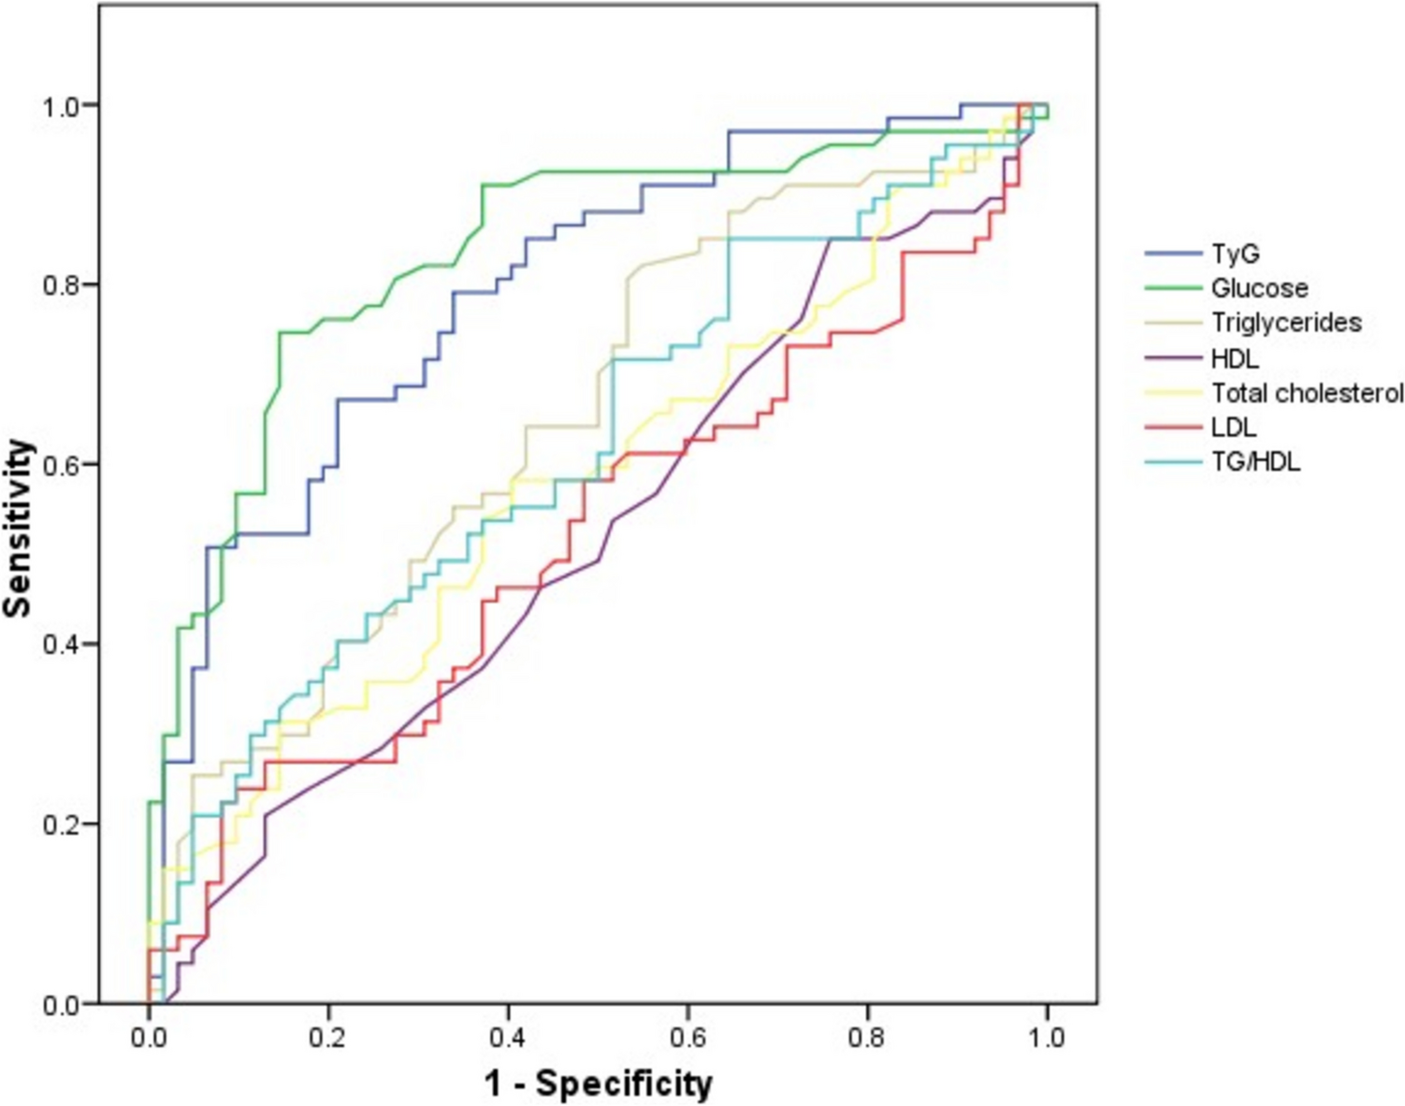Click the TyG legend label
pyautogui.click(x=1235, y=254)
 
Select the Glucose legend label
pyautogui.click(x=1259, y=288)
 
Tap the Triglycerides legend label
pyautogui.click(x=1286, y=323)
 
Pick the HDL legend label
pyautogui.click(x=1235, y=357)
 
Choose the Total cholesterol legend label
pyautogui.click(x=1308, y=392)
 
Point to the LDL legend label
pyautogui.click(x=1234, y=427)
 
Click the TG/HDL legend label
pyautogui.click(x=1255, y=461)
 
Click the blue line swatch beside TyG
pyautogui.click(x=1173, y=254)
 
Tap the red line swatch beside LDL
pyautogui.click(x=1173, y=427)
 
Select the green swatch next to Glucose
pyautogui.click(x=1173, y=288)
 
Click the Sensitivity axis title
pyautogui.click(x=19, y=528)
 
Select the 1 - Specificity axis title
pyautogui.click(x=599, y=1084)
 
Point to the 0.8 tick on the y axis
pyautogui.click(x=63, y=284)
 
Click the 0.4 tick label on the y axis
pyautogui.click(x=63, y=644)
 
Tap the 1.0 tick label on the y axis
pyautogui.click(x=63, y=105)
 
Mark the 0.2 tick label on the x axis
pyautogui.click(x=328, y=1037)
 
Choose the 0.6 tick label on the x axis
pyautogui.click(x=688, y=1037)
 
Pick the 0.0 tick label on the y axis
pyautogui.click(x=63, y=1003)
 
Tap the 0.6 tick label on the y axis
pyautogui.click(x=63, y=464)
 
